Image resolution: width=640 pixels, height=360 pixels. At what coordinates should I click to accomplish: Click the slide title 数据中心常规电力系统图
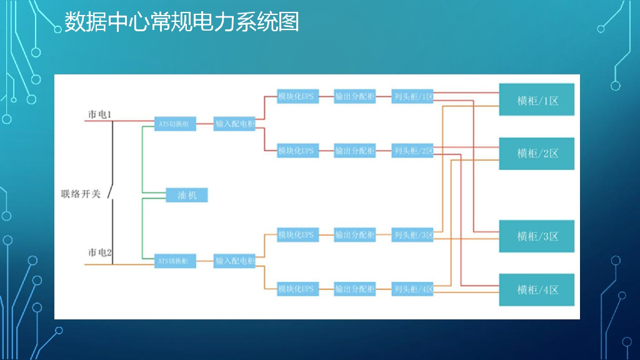click(x=181, y=22)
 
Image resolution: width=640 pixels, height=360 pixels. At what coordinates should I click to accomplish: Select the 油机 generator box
click(x=187, y=196)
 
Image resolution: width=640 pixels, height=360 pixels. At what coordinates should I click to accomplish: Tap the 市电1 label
click(x=99, y=115)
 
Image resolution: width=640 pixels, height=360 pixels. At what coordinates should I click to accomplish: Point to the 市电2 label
click(x=99, y=252)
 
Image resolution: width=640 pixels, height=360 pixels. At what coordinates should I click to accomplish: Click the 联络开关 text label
click(x=81, y=194)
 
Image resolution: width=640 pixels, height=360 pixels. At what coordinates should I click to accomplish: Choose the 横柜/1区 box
click(x=536, y=100)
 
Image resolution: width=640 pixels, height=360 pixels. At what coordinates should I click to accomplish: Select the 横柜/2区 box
click(x=536, y=153)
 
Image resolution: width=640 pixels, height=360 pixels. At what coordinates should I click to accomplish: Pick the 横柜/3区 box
click(x=536, y=236)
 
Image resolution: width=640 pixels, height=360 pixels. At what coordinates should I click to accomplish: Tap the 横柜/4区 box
click(x=536, y=289)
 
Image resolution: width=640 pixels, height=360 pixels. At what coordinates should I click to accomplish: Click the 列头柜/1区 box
click(x=412, y=97)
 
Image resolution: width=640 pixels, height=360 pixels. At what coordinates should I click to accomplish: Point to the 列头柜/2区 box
click(x=412, y=151)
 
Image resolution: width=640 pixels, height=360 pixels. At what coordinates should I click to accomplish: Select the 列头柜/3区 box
click(x=412, y=235)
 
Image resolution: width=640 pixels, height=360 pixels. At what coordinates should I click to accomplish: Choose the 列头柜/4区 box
click(x=412, y=289)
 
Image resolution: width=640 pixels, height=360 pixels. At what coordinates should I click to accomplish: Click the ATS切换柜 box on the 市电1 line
click(x=175, y=124)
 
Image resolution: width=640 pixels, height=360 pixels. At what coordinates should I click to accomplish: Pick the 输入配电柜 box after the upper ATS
click(x=235, y=124)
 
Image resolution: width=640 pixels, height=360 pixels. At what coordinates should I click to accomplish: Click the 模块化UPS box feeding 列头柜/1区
click(x=297, y=97)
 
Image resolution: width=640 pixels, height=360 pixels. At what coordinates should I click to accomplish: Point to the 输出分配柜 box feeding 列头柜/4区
click(x=354, y=289)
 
